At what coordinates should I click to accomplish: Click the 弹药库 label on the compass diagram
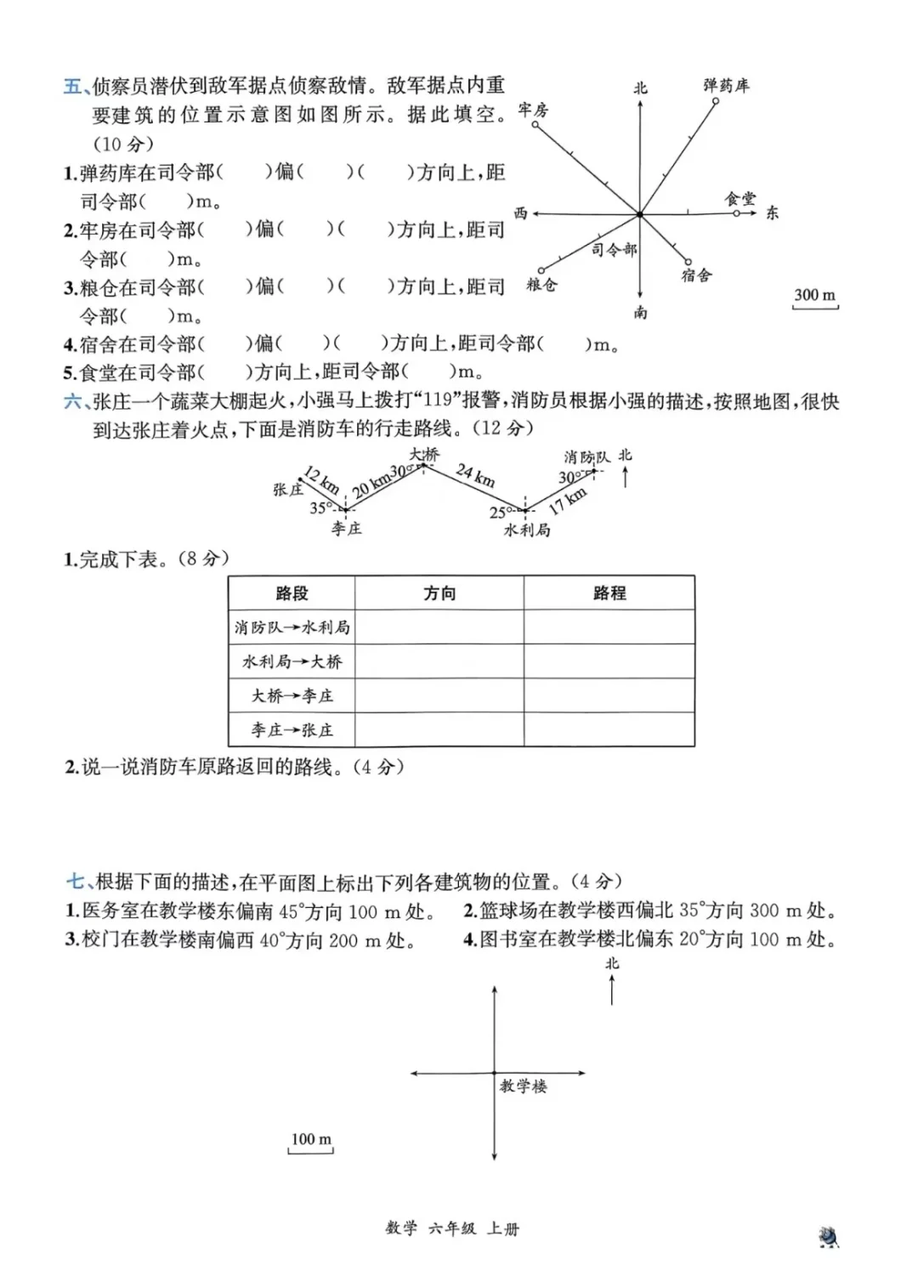(x=726, y=85)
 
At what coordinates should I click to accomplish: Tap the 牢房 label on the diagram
(x=533, y=110)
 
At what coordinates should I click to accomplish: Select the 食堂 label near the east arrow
(x=739, y=198)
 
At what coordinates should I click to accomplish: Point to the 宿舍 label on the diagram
(x=696, y=275)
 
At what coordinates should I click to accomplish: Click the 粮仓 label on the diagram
(x=541, y=285)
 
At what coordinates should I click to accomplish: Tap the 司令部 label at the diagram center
(x=614, y=249)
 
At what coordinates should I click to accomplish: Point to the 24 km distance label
(x=475, y=474)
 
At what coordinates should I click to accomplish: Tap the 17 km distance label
(x=567, y=501)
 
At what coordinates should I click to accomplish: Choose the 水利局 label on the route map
(x=527, y=530)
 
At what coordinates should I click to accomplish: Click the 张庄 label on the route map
(x=288, y=490)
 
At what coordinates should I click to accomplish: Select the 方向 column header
(x=439, y=593)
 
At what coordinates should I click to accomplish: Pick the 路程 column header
(x=609, y=593)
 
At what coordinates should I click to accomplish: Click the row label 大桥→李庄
(x=292, y=695)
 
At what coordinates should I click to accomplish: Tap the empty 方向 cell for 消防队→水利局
(x=439, y=627)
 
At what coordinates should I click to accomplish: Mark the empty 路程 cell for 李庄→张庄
(x=609, y=729)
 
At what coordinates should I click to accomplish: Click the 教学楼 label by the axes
(x=523, y=1086)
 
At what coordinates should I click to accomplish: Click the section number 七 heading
(x=75, y=882)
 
